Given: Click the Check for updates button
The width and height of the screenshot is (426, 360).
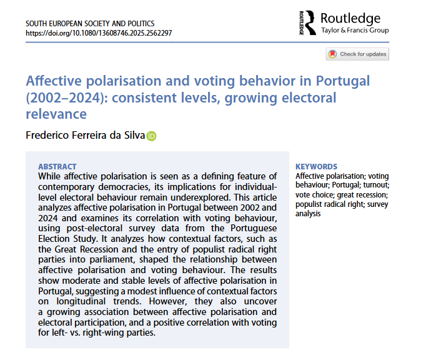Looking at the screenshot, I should [x=357, y=54].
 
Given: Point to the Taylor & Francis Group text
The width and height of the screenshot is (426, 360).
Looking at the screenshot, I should [x=354, y=30].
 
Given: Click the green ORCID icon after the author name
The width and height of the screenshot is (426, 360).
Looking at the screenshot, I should [x=151, y=136].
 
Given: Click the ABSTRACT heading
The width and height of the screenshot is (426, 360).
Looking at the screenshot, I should [x=57, y=167].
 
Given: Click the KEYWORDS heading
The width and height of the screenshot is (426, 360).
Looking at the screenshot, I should [x=316, y=167].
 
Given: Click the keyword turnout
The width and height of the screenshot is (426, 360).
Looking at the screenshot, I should [x=377, y=186].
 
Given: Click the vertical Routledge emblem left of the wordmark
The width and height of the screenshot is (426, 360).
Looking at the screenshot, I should [x=303, y=22].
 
